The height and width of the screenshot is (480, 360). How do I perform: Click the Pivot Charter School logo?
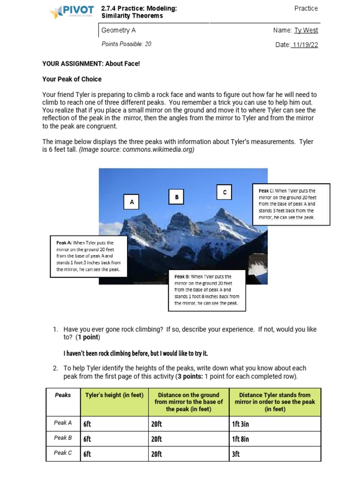pos(71,12)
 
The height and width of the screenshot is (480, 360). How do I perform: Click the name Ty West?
pos(306,30)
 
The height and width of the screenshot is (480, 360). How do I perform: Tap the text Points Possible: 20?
pos(126,44)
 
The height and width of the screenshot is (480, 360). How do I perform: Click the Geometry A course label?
pos(119,30)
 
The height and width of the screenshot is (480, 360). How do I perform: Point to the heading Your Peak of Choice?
pos(72,79)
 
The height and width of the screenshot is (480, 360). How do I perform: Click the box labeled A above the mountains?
pos(132,202)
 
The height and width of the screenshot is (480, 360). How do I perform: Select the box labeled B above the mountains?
pos(177,197)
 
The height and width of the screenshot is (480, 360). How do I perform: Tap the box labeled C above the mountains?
pos(225,192)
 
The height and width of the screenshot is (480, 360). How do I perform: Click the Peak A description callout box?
pos(89,256)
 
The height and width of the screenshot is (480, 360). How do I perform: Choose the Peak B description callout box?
pos(207,290)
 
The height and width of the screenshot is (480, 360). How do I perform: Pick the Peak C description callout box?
pos(291,204)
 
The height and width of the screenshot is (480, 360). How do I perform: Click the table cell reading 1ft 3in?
pos(275,424)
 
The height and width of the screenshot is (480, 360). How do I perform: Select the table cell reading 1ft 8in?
pos(275,439)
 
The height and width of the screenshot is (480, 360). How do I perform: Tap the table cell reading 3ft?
pos(275,454)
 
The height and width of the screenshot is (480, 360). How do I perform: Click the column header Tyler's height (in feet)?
pos(114,395)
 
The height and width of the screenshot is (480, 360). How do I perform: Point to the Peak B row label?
pos(63,438)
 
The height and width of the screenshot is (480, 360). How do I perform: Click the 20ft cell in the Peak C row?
pos(188,454)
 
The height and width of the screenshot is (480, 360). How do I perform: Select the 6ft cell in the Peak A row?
pos(114,424)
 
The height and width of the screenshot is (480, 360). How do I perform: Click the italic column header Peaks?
pos(63,395)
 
